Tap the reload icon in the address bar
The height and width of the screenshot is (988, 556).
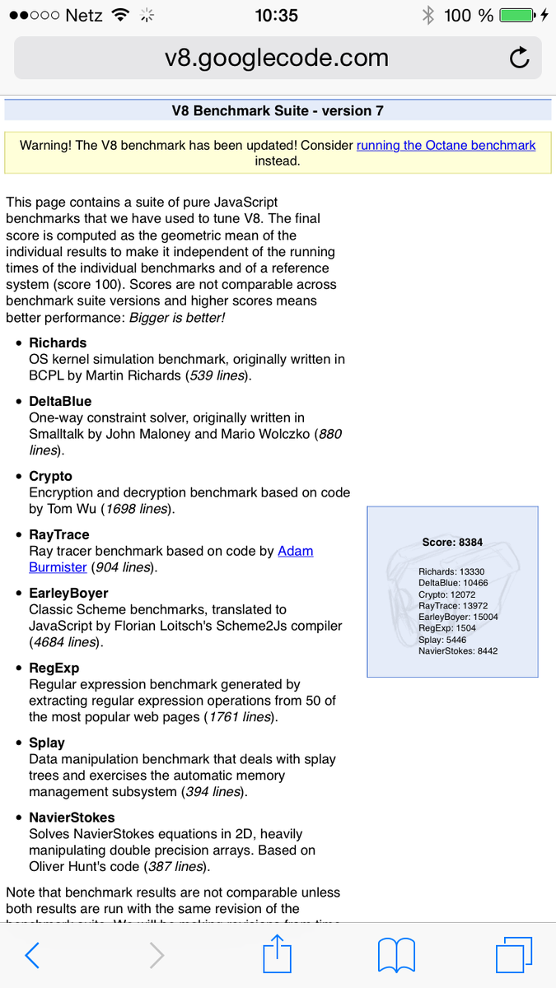[x=519, y=58]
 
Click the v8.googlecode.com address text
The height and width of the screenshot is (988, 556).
[x=277, y=58]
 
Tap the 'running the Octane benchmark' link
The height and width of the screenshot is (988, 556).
[x=446, y=146]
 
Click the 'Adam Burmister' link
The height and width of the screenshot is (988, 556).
[x=295, y=551]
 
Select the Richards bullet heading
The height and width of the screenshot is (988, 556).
[x=58, y=343]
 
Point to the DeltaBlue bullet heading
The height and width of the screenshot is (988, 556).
[x=60, y=401]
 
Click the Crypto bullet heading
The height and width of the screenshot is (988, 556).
[x=50, y=476]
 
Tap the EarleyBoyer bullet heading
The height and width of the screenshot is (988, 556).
[x=68, y=593]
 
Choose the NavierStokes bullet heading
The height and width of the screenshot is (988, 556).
[x=69, y=818]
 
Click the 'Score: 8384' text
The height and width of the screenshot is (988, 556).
[x=452, y=543]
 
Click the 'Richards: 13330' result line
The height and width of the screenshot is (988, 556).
[x=451, y=571]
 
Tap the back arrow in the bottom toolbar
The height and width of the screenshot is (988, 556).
[x=32, y=955]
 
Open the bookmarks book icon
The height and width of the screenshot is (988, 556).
[x=395, y=955]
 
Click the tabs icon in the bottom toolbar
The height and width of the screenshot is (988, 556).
[x=514, y=955]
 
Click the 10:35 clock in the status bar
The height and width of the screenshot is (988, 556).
[x=277, y=16]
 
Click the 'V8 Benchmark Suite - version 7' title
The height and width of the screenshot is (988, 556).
[x=278, y=111]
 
